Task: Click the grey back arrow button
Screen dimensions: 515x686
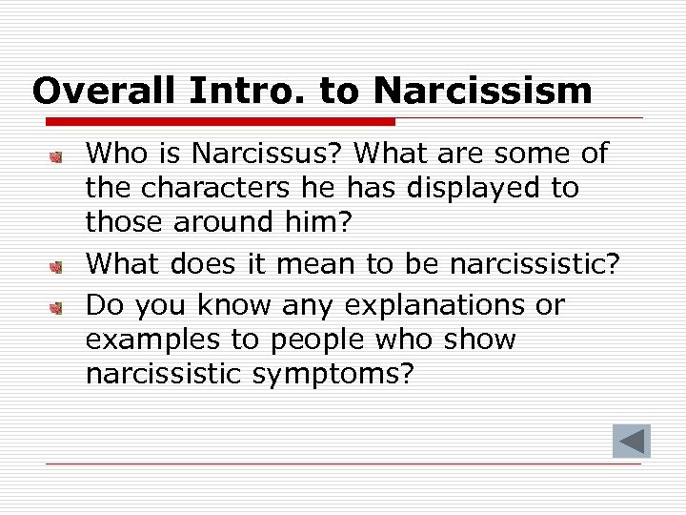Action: point(631,442)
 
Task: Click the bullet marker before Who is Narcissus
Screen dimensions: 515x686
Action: point(57,154)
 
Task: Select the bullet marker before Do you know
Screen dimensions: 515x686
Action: point(57,307)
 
